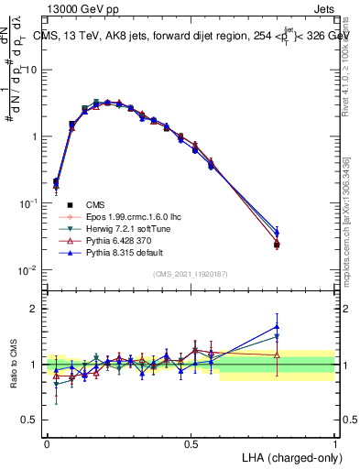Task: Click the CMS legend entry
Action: click(95, 204)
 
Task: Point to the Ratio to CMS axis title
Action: click(15, 364)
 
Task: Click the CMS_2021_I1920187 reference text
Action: click(191, 274)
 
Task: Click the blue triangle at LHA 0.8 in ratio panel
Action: click(277, 326)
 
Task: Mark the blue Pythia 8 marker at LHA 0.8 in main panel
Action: click(277, 233)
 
